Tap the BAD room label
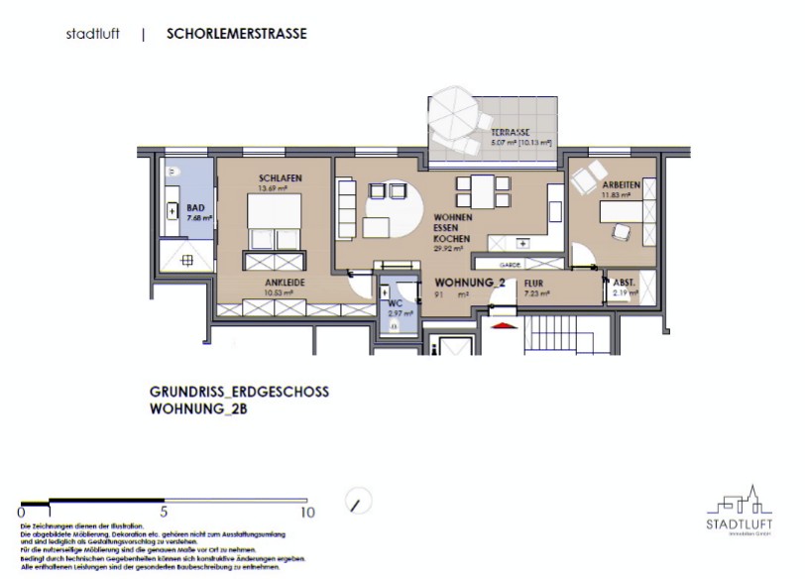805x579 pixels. (x=195, y=207)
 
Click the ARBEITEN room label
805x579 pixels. (x=621, y=184)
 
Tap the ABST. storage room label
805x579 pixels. (x=625, y=283)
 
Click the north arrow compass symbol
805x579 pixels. (x=354, y=502)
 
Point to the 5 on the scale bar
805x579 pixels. (x=164, y=513)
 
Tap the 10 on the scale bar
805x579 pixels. (x=307, y=513)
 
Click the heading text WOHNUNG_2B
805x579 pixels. (x=198, y=409)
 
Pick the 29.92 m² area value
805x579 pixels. (x=446, y=250)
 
